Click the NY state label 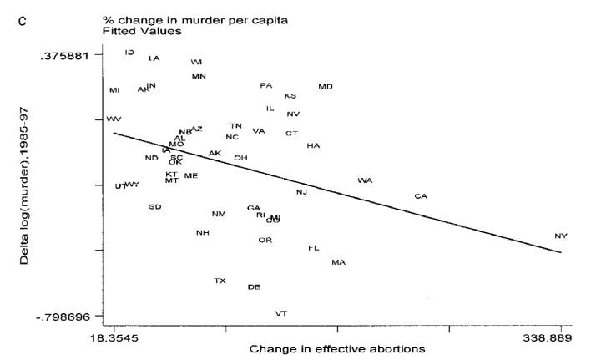pos(561,236)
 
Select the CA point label pos(421,197)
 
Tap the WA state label pos(365,180)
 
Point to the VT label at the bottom pos(281,314)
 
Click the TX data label pos(220,281)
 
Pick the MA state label pos(338,263)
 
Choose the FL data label pos(314,248)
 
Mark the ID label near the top pos(129,53)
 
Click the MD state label pos(326,87)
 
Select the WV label pos(114,119)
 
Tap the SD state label pos(154,207)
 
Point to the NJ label pos(302,193)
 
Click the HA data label pos(313,146)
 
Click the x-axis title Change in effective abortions pos(336,348)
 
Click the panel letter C pos(34,18)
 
